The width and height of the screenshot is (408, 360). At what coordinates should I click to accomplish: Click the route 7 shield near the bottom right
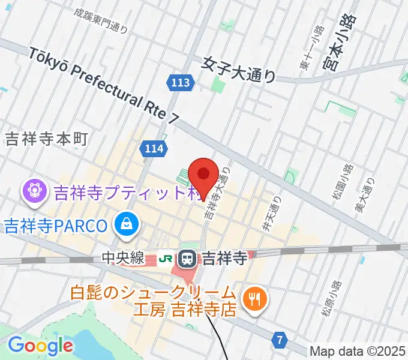click(280, 340)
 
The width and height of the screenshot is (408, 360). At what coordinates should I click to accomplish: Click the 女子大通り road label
click(239, 69)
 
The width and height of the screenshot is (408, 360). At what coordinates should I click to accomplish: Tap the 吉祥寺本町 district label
click(46, 139)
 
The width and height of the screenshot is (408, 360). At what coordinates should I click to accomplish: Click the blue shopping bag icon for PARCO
click(127, 225)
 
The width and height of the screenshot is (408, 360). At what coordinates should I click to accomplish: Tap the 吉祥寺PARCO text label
click(55, 226)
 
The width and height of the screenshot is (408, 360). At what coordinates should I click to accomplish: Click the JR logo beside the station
click(166, 259)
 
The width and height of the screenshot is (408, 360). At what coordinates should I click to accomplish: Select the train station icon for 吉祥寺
click(188, 259)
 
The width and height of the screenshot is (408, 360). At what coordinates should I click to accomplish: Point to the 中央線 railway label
click(122, 259)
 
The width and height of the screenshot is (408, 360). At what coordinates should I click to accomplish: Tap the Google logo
click(40, 345)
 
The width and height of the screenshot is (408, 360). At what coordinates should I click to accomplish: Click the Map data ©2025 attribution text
click(358, 351)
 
